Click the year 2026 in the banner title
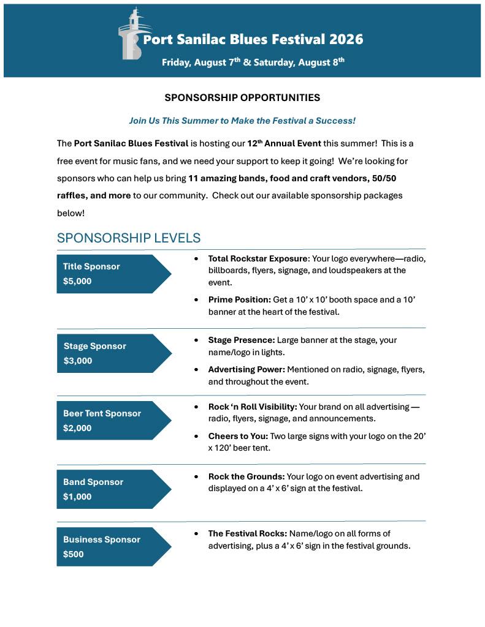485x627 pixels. [346, 40]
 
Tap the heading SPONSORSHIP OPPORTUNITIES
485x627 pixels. [242, 97]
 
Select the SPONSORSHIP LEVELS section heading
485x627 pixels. [128, 238]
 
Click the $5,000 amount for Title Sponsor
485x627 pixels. [77, 281]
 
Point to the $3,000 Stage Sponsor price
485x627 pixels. [78, 361]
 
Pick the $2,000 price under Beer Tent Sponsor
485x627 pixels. [77, 428]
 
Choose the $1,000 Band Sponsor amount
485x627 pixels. [77, 497]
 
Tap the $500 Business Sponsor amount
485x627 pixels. [74, 554]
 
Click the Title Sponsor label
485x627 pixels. [91, 266]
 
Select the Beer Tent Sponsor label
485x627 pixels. [102, 413]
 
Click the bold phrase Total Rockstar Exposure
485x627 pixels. [258, 259]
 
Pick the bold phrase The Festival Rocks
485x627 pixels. [247, 534]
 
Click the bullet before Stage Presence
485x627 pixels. [196, 340]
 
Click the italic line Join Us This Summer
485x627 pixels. [242, 121]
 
